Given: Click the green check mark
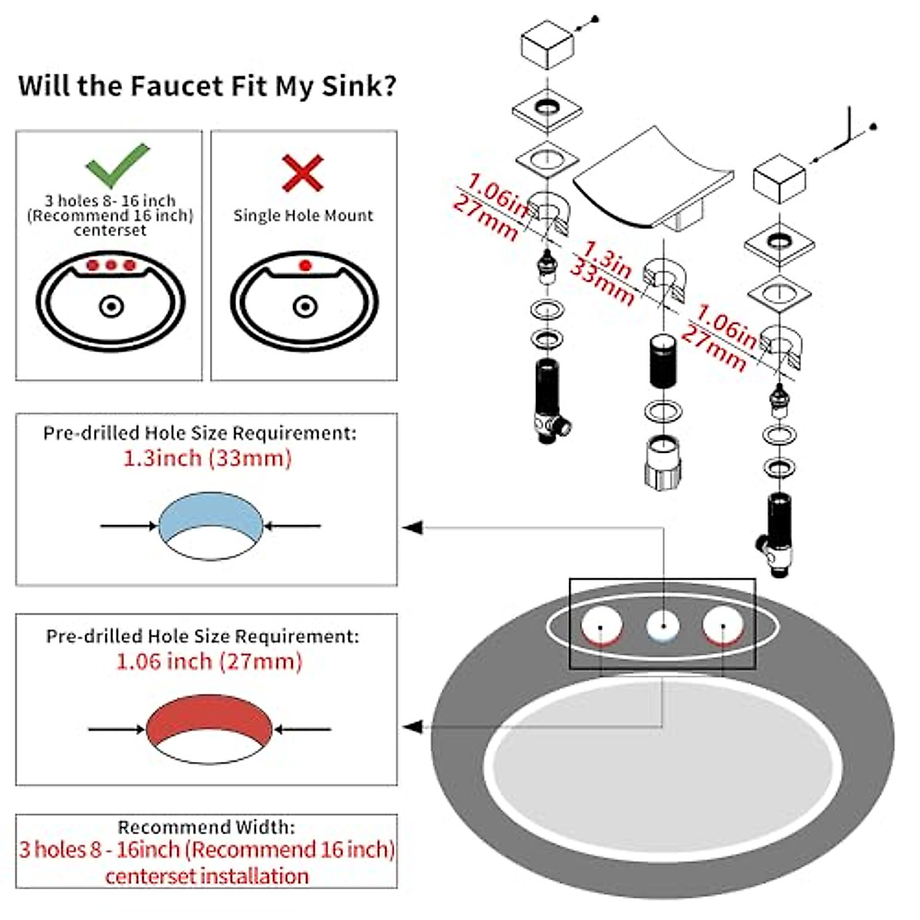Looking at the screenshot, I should [x=117, y=165].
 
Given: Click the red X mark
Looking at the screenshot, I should [x=303, y=172].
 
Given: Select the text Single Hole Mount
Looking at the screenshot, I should [x=303, y=215].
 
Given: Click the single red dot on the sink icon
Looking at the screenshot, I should [x=305, y=265].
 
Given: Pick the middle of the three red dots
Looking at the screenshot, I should [x=111, y=265].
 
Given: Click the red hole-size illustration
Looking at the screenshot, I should [x=209, y=719].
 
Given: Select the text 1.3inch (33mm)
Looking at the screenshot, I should [x=207, y=458].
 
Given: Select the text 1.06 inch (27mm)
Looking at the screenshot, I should [x=209, y=661].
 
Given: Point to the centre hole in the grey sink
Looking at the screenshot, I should [x=662, y=626].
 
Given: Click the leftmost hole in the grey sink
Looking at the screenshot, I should [x=601, y=626].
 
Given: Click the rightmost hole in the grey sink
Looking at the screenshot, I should [x=723, y=626].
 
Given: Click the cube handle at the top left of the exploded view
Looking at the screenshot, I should [x=547, y=46].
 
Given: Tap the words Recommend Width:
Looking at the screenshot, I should [x=205, y=827].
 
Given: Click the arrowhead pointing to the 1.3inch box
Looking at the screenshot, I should [x=412, y=527].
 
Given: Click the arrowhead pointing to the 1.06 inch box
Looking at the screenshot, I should [x=412, y=726].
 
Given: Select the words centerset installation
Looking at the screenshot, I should [x=206, y=876].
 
